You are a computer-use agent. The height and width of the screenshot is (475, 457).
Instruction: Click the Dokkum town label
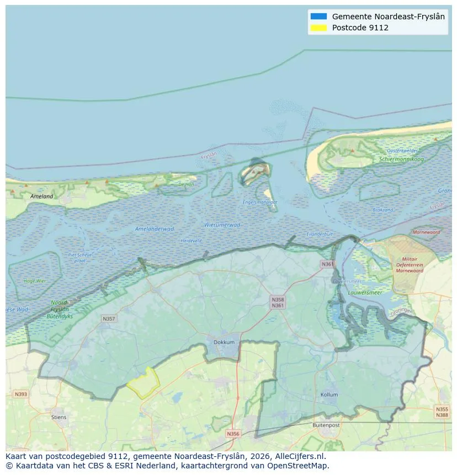point(224,342)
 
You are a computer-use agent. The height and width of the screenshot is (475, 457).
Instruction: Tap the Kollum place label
point(329,395)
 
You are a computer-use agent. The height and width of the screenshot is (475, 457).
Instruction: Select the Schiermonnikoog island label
point(401,159)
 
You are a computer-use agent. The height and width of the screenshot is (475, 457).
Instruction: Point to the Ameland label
point(42,196)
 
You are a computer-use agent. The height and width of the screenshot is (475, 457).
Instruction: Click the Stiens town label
point(59,417)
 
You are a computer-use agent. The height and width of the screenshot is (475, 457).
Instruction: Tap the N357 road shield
point(109,319)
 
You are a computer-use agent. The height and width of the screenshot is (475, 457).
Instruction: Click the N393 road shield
point(20,394)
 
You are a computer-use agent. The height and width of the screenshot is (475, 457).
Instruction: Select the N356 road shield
point(233,434)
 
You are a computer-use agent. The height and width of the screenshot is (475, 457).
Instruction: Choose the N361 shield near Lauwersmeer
point(327,264)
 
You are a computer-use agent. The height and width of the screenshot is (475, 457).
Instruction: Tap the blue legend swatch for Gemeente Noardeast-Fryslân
point(318,17)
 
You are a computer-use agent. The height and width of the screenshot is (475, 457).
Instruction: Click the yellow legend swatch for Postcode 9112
point(318,28)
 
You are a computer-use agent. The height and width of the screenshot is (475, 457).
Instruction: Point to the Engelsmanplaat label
point(260,202)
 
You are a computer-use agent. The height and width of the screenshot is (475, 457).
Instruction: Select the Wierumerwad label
point(222,225)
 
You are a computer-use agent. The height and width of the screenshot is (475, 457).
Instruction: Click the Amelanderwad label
point(155,228)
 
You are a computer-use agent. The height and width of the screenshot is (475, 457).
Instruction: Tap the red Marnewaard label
point(426,232)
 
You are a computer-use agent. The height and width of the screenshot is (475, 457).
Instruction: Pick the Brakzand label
point(382,210)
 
